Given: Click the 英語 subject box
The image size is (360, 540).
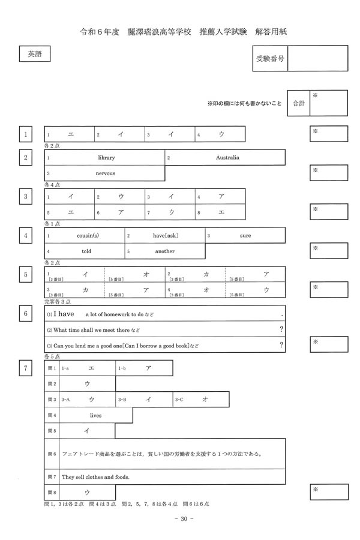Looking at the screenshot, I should (x=34, y=54).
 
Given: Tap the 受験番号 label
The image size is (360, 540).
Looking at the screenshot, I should (x=270, y=58).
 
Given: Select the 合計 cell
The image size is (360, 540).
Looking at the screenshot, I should (x=298, y=103).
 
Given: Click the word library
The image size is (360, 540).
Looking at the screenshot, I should (x=106, y=158).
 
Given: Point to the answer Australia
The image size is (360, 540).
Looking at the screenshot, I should (x=227, y=158).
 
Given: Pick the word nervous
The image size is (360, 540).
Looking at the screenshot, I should (x=106, y=173).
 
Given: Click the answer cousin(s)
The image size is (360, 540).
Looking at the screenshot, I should (x=88, y=236).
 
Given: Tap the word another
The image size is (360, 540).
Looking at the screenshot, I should (x=164, y=251).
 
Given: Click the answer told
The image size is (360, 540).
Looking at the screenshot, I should (x=86, y=251).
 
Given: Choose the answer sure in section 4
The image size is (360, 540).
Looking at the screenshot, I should (x=245, y=236).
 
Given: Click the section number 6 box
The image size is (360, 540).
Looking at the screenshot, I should (x=25, y=314).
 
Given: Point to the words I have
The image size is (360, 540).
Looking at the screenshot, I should (x=64, y=314).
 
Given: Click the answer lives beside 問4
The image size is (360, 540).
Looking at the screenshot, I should (x=96, y=415).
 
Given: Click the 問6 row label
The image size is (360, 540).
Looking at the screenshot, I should (x=52, y=454).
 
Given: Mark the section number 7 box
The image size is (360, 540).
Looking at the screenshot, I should (x=25, y=368).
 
